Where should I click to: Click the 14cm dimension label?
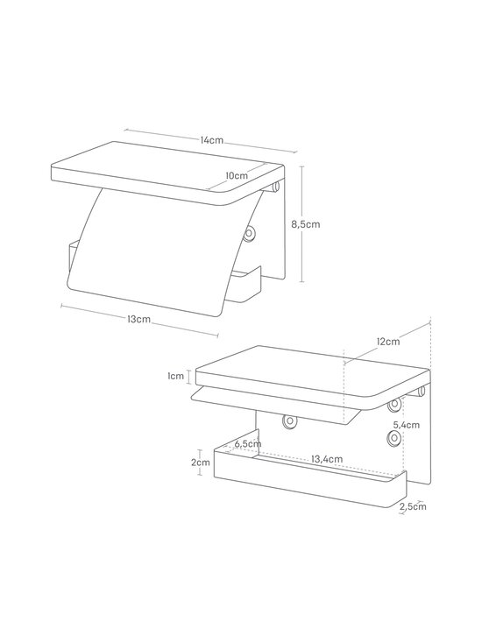point(212,140)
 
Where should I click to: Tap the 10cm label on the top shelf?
point(237,175)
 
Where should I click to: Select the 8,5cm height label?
point(306,224)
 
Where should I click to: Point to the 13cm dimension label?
point(139,319)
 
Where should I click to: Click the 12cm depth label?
point(388,341)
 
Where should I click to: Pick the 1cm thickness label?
point(175,376)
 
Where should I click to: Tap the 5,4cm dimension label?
point(407,425)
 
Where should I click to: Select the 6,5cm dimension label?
point(248,443)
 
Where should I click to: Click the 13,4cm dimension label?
point(327,459)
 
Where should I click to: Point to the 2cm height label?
point(201,463)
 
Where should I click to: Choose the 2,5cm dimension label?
point(413,506)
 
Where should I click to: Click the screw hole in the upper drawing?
point(249,234)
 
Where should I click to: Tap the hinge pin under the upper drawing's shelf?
point(276,187)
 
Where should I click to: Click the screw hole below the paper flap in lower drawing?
point(289,420)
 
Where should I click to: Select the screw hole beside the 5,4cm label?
point(394,438)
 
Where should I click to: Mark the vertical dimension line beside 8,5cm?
point(302,224)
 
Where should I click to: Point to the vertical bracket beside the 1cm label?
point(188,377)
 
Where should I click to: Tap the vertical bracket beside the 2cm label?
point(200,463)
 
